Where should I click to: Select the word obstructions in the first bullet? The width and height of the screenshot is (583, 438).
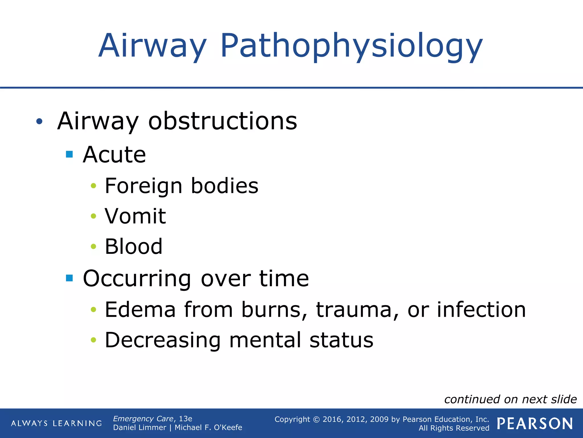[x=223, y=121]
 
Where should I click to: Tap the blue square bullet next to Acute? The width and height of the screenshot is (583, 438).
[x=69, y=154]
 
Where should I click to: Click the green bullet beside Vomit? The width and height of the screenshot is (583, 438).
[x=93, y=216]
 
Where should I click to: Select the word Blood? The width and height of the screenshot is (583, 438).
[x=134, y=246]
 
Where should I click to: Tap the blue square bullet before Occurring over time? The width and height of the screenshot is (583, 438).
[x=69, y=278]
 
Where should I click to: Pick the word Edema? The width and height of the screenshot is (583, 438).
[x=140, y=310]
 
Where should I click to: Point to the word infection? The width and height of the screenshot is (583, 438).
[x=481, y=310]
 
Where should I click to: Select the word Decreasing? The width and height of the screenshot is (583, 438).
[x=163, y=340]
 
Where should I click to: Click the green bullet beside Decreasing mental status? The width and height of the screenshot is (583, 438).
[x=93, y=340]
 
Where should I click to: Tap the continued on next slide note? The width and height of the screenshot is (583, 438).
[x=510, y=400]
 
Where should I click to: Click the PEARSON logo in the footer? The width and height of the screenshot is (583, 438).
[x=535, y=423]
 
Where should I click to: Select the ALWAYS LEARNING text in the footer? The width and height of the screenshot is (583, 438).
[x=56, y=423]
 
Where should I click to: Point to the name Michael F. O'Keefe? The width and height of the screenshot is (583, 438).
[x=208, y=428]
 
